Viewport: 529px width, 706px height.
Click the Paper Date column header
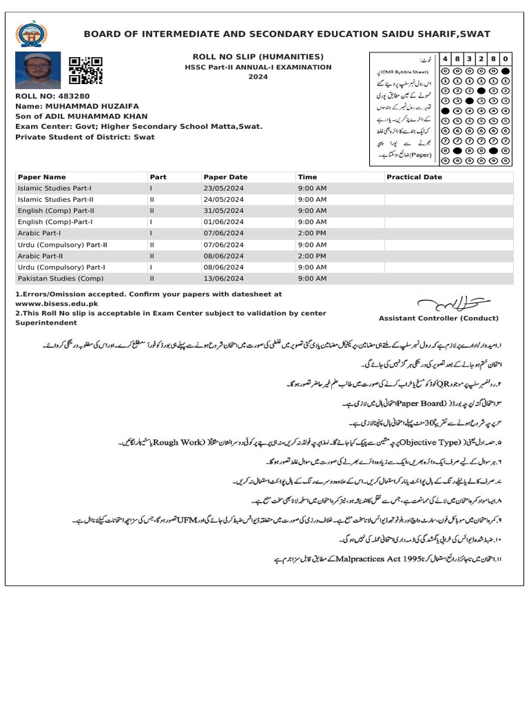tap(225, 177)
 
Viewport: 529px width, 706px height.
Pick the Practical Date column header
tap(414, 177)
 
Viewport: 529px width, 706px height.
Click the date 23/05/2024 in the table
tap(224, 188)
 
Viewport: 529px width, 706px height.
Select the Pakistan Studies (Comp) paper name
tap(55, 279)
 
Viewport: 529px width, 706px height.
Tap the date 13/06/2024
tap(224, 279)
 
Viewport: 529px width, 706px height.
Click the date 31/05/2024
tap(224, 211)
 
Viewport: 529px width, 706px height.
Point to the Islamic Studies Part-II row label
tap(56, 199)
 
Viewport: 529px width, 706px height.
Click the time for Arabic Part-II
tap(312, 256)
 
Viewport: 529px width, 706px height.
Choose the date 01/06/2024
tap(224, 222)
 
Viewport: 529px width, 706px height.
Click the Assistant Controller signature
tap(454, 303)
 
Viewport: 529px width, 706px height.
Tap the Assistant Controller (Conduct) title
tap(439, 319)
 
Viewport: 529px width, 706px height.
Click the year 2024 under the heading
tap(258, 77)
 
